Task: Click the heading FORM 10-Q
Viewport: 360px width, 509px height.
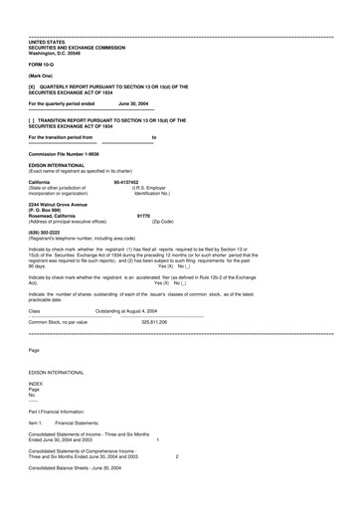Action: point(43,63)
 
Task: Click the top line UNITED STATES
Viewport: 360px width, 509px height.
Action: point(47,41)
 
